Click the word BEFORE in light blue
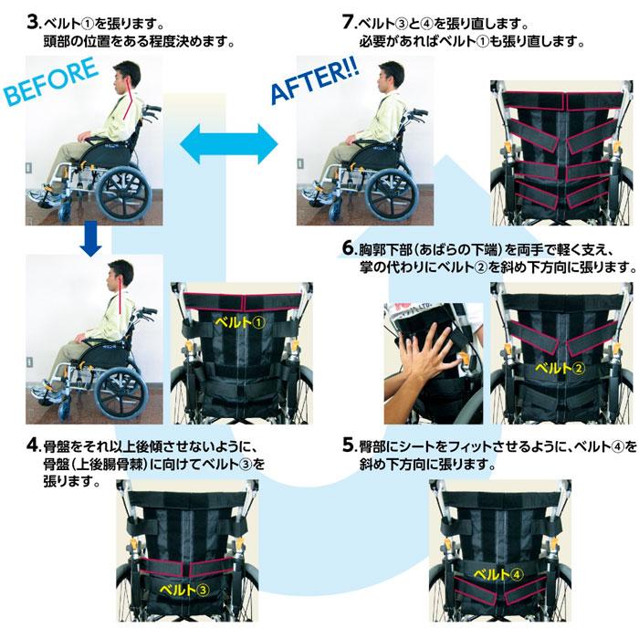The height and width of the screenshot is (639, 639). click(x=52, y=81)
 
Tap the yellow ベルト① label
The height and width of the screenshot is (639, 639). click(x=240, y=322)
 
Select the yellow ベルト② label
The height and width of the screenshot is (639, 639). click(x=560, y=369)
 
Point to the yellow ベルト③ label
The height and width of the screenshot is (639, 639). click(x=184, y=590)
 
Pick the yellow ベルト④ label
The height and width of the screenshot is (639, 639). click(x=498, y=574)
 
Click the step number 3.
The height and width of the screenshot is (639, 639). click(x=32, y=23)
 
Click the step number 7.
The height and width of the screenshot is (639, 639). click(x=348, y=23)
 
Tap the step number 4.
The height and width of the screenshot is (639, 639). click(x=32, y=445)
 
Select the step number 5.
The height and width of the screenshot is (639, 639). click(x=349, y=445)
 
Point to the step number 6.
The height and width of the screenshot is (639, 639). click(x=349, y=247)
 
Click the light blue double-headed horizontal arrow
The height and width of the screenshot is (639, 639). click(x=228, y=144)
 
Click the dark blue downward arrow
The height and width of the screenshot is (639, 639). click(x=90, y=239)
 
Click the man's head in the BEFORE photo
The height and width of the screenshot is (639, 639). click(x=126, y=77)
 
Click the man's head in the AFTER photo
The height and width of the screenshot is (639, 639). click(x=391, y=77)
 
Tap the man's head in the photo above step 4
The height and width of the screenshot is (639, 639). click(x=120, y=275)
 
